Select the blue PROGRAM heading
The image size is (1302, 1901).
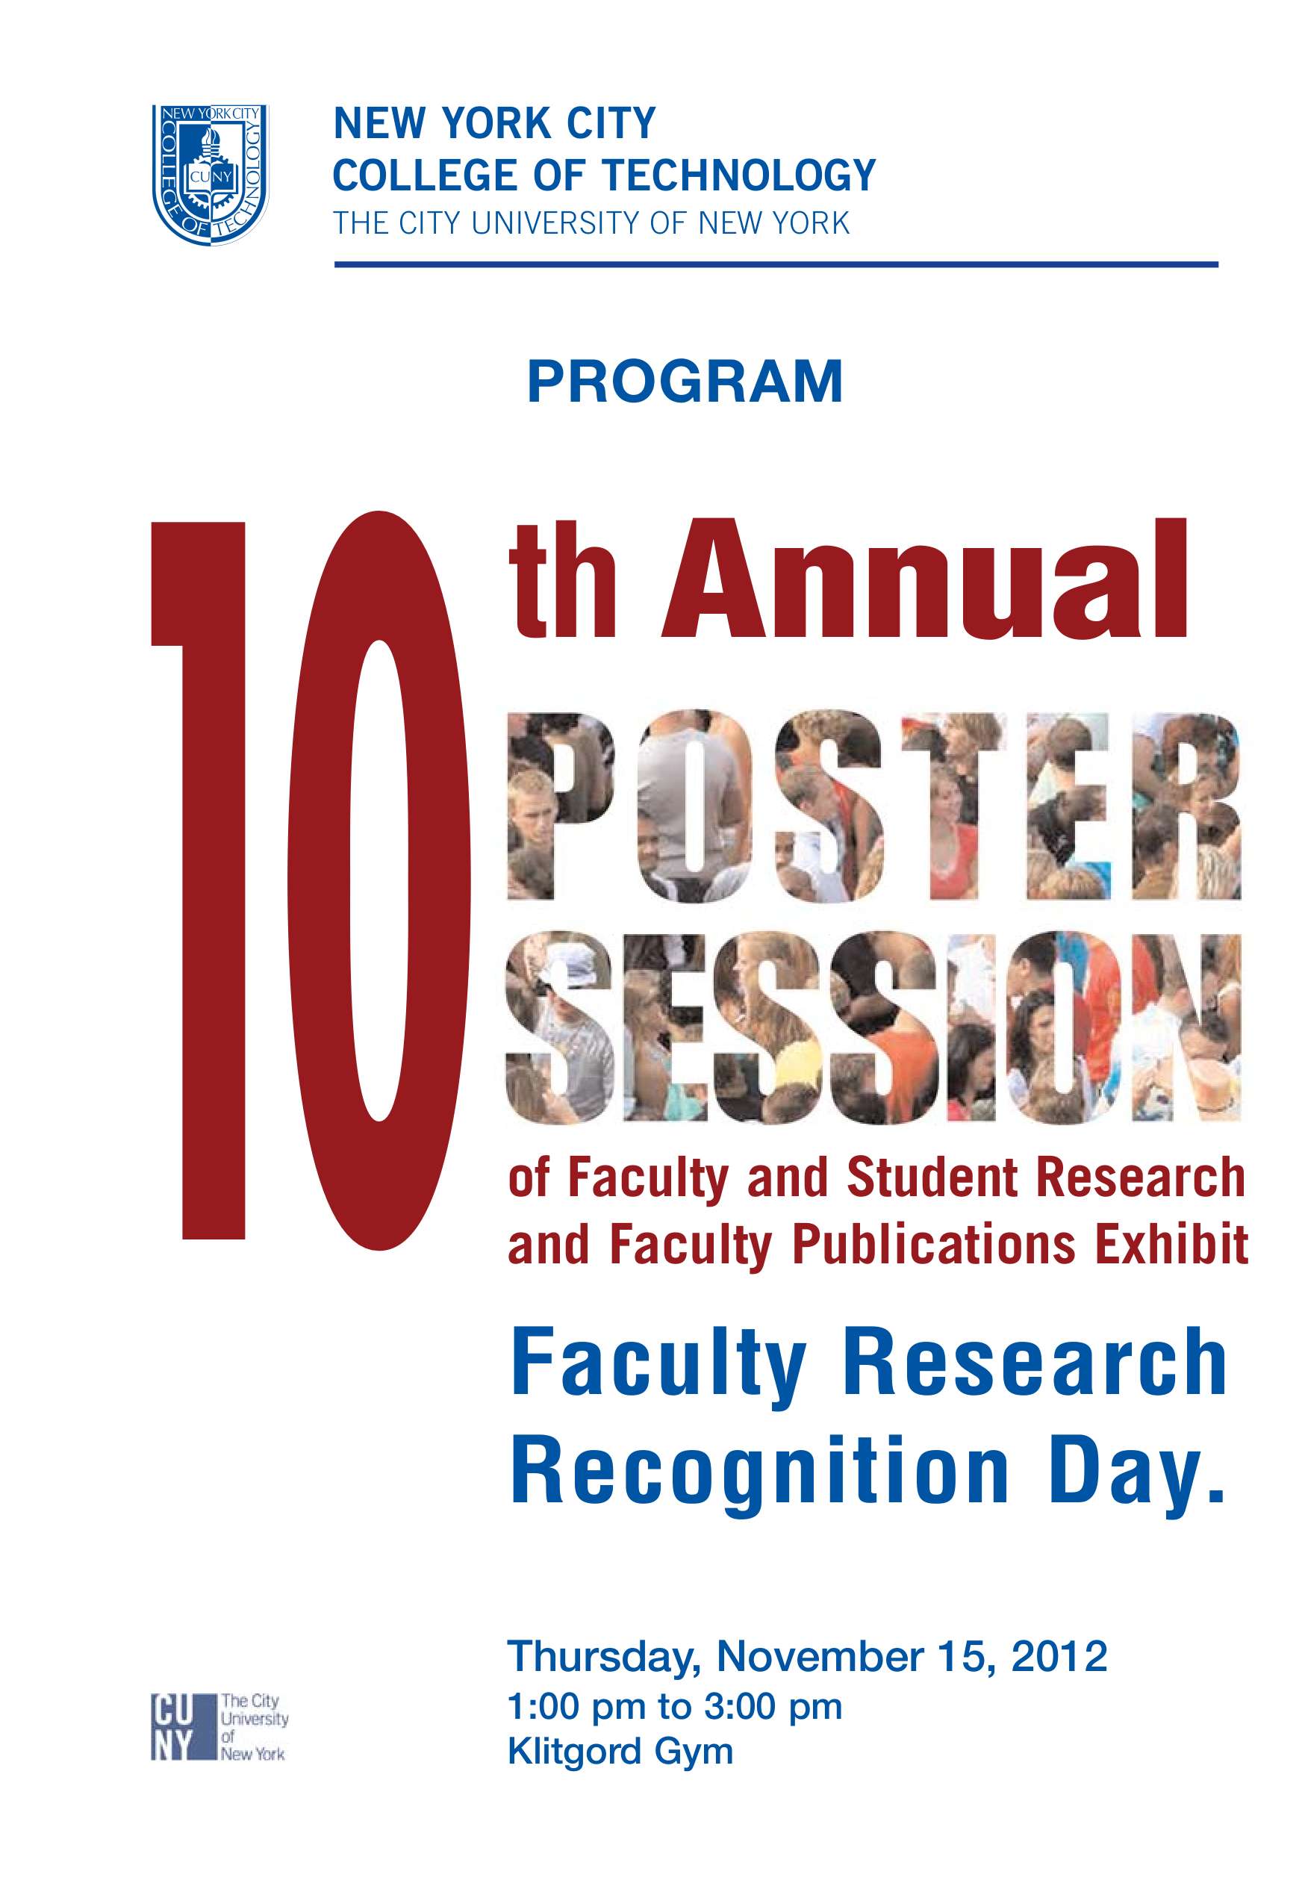(x=685, y=382)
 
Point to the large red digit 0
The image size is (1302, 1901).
(x=379, y=880)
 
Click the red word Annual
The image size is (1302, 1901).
(x=923, y=581)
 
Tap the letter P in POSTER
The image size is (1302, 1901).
(x=559, y=806)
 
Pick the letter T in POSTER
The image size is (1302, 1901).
(x=953, y=806)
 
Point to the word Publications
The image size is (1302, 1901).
(x=933, y=1244)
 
